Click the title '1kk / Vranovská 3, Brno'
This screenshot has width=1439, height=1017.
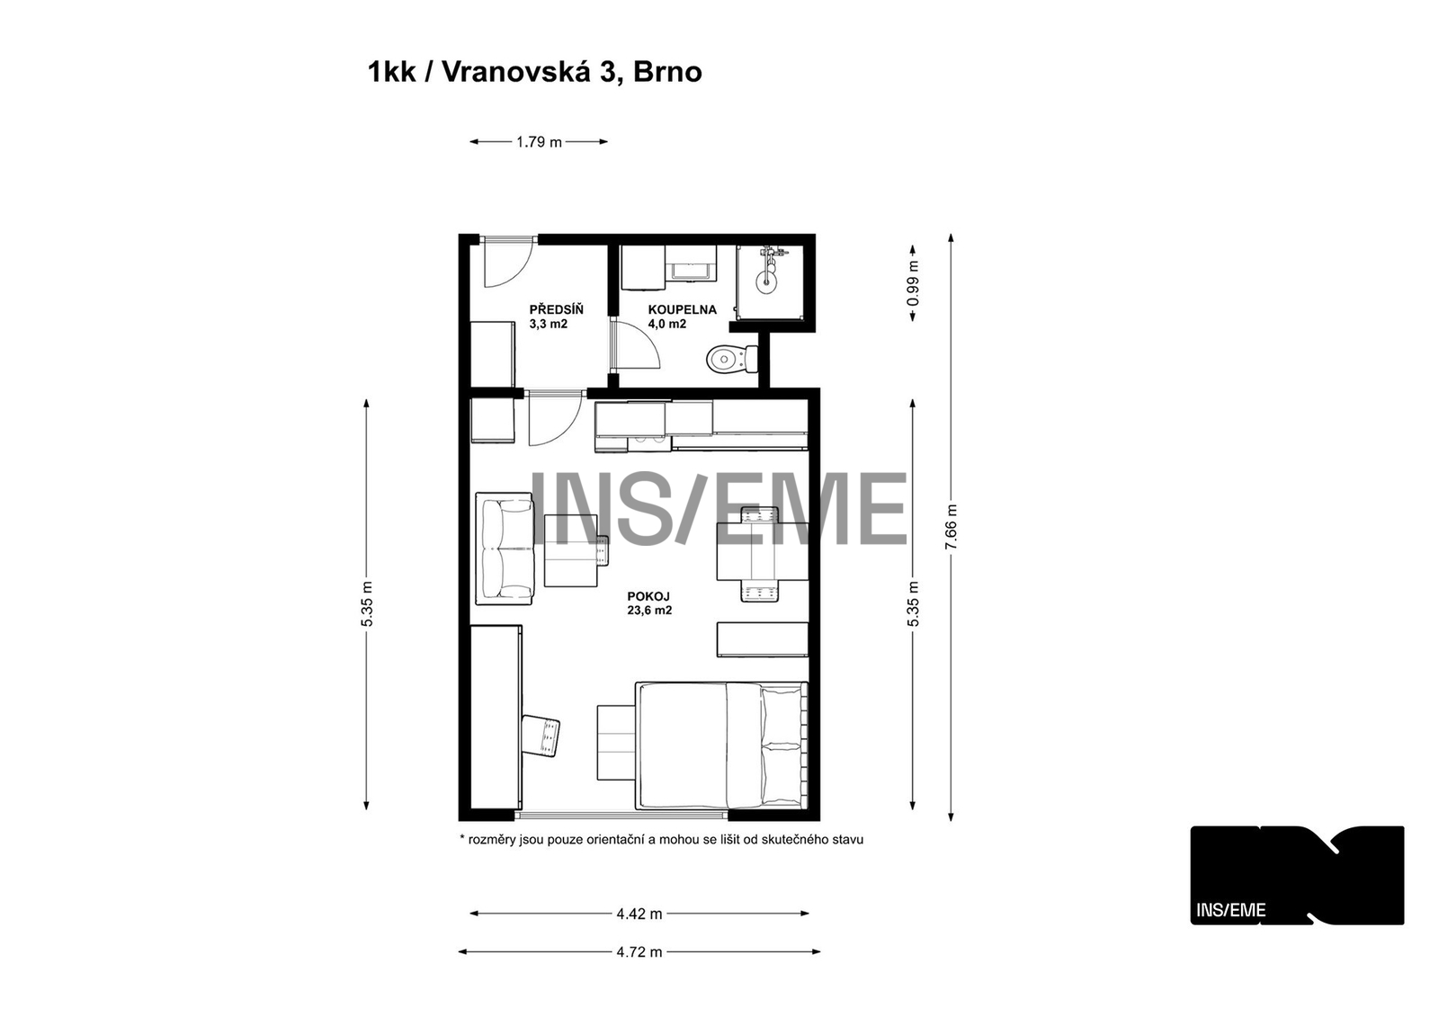point(534,72)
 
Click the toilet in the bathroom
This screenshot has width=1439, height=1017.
point(732,359)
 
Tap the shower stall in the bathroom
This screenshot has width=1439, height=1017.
point(770,282)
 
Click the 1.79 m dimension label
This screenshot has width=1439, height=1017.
point(539,142)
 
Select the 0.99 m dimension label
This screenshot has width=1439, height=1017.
point(913,283)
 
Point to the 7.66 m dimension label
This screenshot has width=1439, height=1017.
point(952,526)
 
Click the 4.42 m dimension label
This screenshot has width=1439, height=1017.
point(639,914)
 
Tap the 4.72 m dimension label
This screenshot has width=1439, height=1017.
point(639,952)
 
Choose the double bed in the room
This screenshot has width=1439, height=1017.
point(721,745)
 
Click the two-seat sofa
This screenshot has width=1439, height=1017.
point(505,549)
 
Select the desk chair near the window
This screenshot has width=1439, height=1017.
point(541,736)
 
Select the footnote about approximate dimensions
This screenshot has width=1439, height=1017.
point(662,840)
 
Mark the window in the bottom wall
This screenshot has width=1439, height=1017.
point(621,816)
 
